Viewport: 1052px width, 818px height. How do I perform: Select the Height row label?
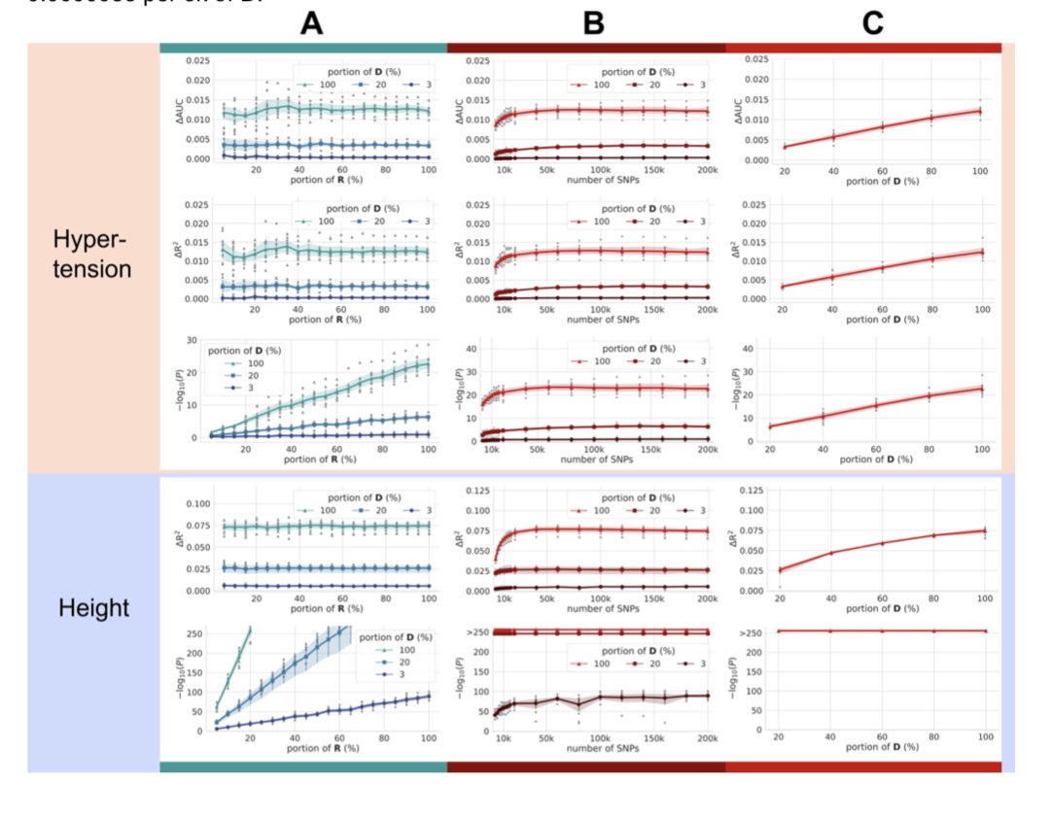(x=94, y=608)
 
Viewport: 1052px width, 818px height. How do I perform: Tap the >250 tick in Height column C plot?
(x=752, y=631)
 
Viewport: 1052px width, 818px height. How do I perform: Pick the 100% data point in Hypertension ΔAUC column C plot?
(x=980, y=111)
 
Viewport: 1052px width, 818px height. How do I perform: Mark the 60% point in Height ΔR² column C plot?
(x=881, y=543)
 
